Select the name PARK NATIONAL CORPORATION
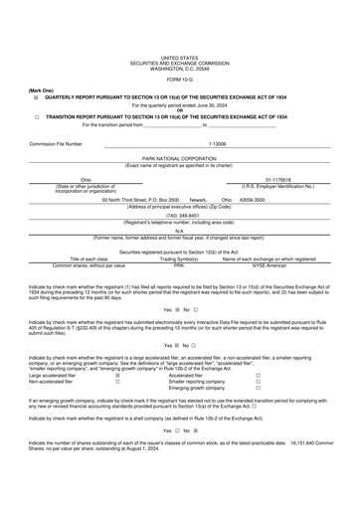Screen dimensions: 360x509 click(180, 158)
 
